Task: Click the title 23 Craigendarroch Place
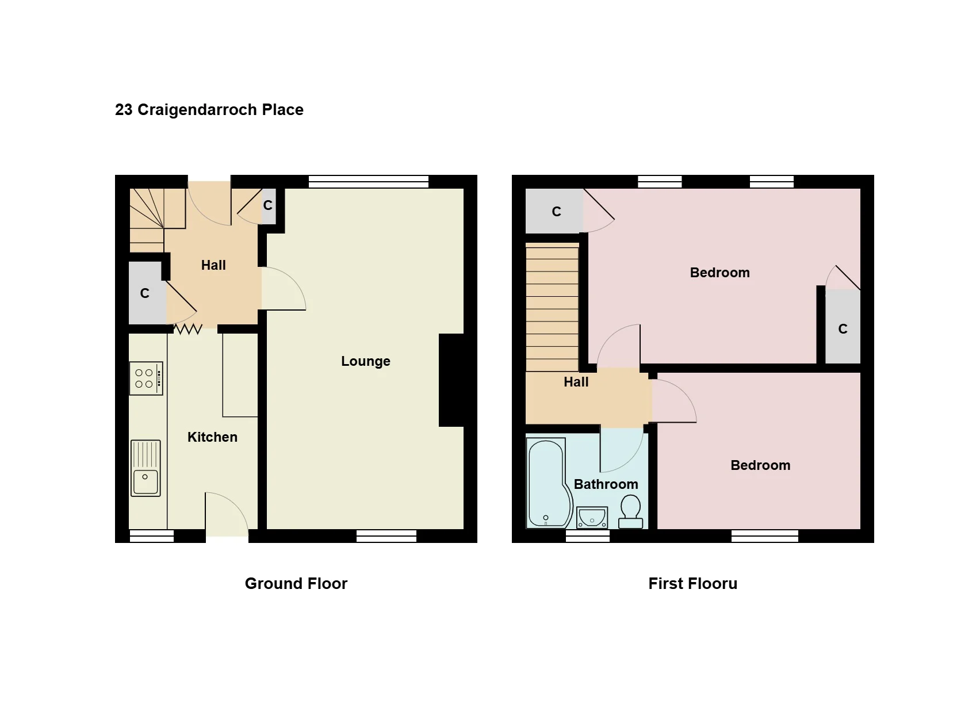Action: coord(209,109)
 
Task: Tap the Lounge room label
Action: coord(366,361)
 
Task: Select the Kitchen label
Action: coord(212,437)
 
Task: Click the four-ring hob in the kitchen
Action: coord(146,378)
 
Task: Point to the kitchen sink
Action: coord(146,468)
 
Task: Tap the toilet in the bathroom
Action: coord(630,511)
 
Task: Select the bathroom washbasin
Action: coord(592,518)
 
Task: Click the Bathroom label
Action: coord(606,484)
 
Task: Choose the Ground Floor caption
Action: coord(296,584)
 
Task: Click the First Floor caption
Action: coord(692,584)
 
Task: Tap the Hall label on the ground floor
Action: coord(213,265)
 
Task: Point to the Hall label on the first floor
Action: coord(576,382)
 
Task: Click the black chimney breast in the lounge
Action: coord(451,380)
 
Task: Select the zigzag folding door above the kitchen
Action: coord(188,329)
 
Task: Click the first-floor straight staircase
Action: coord(552,307)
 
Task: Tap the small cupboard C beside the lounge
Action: coord(268,206)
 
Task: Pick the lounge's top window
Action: coord(369,182)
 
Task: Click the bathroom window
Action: coord(588,536)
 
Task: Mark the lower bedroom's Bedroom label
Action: coord(760,465)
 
